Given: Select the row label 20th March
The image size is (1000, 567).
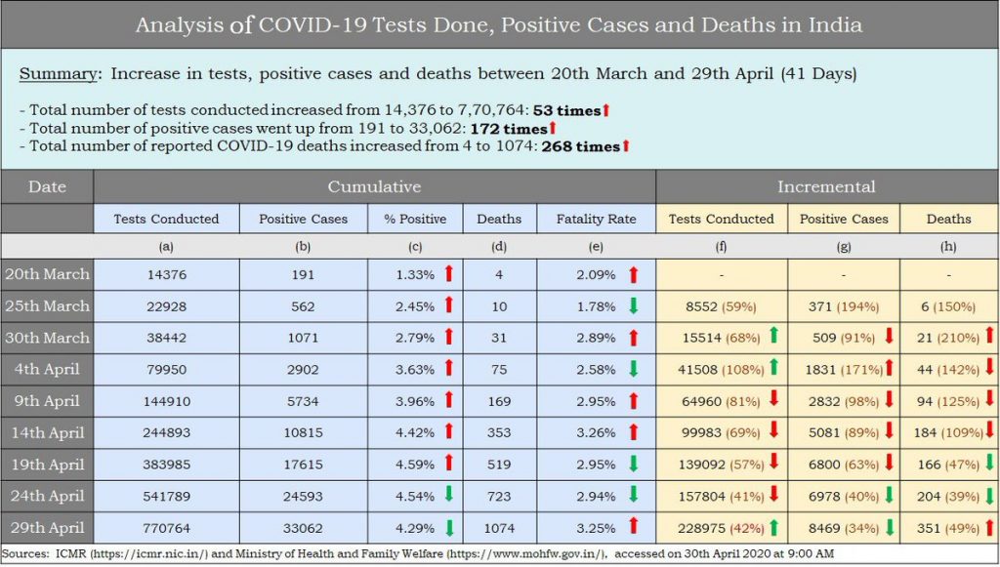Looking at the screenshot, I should coord(47,274).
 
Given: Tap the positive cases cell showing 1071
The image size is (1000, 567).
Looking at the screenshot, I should coord(303,338).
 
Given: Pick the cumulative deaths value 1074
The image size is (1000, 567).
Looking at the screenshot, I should coord(499,528).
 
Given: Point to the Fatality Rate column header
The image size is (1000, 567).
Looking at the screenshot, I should coord(595,219).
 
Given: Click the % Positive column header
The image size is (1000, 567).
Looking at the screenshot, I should coord(414,219).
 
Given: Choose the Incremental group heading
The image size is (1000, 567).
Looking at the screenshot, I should coord(826,186).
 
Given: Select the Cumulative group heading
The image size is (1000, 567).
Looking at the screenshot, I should coord(374,186).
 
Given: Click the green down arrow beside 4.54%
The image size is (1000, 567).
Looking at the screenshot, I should coord(449,496).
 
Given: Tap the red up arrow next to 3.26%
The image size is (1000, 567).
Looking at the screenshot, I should coord(633,432).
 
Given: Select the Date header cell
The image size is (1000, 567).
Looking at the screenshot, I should coord(47,186).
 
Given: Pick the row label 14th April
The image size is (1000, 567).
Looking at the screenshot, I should coord(47,432).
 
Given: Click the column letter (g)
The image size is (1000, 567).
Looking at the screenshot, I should coord(843,248).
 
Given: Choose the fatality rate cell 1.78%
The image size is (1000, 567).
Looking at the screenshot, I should coord(596,306).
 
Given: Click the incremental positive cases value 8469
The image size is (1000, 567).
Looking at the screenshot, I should coord(826,528).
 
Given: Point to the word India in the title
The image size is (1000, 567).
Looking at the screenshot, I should coord(833,24).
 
